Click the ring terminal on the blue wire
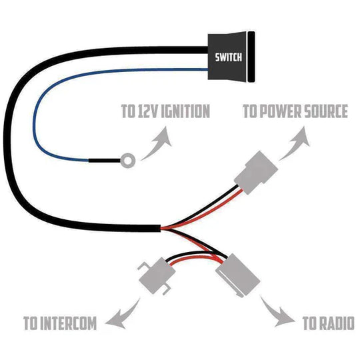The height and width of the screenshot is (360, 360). (x=129, y=160)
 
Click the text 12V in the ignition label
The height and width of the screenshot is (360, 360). (x=147, y=111)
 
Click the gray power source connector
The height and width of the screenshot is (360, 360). (x=257, y=172)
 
